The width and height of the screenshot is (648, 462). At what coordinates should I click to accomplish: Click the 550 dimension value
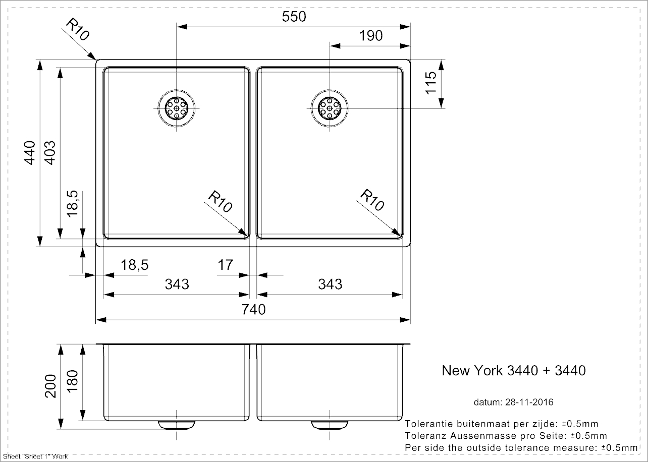(294, 17)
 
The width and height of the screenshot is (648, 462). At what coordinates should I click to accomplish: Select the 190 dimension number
(371, 36)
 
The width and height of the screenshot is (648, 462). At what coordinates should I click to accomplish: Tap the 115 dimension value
(430, 83)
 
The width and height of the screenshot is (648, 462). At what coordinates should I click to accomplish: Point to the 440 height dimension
(31, 151)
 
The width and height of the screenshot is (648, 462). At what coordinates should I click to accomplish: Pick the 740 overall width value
(253, 309)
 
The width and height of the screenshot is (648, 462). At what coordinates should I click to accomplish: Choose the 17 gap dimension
(226, 265)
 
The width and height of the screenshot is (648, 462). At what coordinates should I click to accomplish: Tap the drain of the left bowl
(177, 108)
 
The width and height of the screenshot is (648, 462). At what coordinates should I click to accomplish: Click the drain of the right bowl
(329, 108)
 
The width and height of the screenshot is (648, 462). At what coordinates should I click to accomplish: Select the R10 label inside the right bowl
(372, 200)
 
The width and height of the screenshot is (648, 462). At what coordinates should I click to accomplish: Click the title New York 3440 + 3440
(514, 371)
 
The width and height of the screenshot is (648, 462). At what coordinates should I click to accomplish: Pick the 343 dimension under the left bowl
(177, 284)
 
